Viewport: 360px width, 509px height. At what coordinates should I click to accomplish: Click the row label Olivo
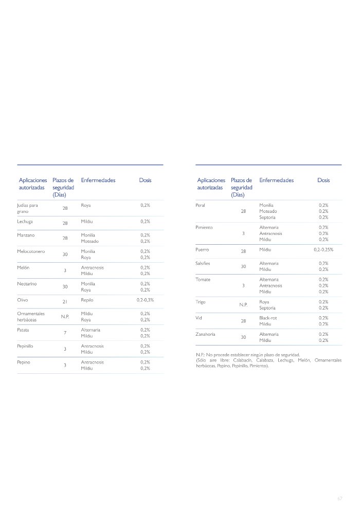point(23,299)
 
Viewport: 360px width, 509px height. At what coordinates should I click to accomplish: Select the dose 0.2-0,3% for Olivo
point(145,299)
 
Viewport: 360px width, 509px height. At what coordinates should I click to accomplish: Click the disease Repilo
point(87,299)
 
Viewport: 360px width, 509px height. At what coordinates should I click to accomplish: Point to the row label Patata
point(24,330)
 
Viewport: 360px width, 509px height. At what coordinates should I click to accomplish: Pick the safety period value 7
point(65,333)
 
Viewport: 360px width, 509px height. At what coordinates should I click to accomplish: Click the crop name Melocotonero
point(31,251)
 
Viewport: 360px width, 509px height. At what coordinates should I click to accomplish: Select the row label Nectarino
point(27,284)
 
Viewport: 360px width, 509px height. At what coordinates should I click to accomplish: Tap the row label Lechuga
point(25,221)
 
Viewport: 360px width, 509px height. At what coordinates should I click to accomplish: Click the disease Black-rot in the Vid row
point(269,318)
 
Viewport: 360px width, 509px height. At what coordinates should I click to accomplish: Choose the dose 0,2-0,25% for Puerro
point(323,249)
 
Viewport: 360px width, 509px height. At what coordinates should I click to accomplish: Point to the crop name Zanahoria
point(207,334)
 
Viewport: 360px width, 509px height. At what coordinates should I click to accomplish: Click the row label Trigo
point(201,302)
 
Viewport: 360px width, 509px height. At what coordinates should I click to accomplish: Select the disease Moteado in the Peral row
point(268,211)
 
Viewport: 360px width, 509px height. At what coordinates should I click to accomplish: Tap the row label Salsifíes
point(203,263)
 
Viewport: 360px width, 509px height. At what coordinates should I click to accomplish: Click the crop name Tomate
point(203,280)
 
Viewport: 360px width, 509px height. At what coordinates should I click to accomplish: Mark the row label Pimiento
point(204,227)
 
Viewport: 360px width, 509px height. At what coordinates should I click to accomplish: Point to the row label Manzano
point(26,235)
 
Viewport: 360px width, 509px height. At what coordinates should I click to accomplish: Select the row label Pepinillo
point(26,346)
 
